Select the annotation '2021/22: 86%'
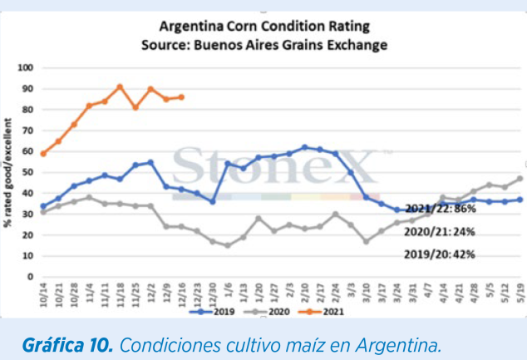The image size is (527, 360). (x=440, y=209)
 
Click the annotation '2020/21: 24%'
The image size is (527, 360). (x=440, y=232)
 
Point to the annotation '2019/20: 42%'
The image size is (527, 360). (x=440, y=254)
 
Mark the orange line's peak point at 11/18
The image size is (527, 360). (x=120, y=86)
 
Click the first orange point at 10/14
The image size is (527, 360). (x=42, y=153)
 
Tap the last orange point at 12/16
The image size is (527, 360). (x=181, y=96)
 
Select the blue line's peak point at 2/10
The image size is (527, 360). (x=304, y=147)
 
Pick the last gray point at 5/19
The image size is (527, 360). (x=520, y=178)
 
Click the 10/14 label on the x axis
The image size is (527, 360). (x=42, y=293)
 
